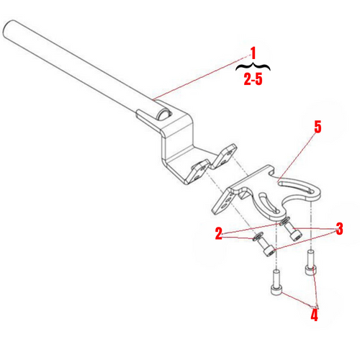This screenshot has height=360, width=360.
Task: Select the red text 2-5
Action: pyautogui.click(x=253, y=81)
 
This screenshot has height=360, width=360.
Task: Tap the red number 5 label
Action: pyautogui.click(x=318, y=127)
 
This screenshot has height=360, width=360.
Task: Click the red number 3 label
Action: pyautogui.click(x=339, y=229)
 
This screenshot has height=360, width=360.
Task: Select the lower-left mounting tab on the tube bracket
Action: pyautogui.click(x=197, y=171)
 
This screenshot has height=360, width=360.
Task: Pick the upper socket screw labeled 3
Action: pyautogui.click(x=292, y=233)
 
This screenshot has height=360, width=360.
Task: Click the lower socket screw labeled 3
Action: pyautogui.click(x=268, y=249)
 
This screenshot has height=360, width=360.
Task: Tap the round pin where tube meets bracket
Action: pyautogui.click(x=165, y=113)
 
